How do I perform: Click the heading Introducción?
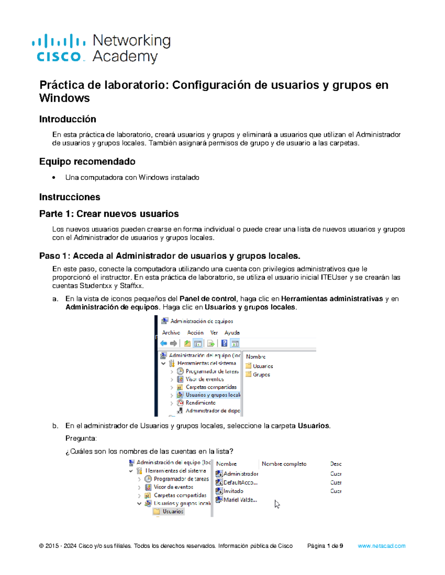67,119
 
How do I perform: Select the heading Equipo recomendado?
87,162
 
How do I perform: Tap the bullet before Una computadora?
54,178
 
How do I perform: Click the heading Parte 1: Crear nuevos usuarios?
109,214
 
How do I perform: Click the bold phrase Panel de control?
208,299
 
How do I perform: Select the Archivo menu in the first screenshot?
171,332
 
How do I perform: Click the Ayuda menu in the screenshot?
232,332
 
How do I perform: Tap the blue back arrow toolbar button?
164,344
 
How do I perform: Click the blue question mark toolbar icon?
224,344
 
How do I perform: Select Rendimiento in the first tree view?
200,403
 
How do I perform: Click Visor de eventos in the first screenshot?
204,379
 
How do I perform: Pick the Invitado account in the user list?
233,491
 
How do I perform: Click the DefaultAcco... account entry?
240,482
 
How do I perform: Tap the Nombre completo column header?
284,464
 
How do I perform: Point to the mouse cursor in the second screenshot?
277,504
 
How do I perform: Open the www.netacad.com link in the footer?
381,546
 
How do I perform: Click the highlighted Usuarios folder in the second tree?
172,511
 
